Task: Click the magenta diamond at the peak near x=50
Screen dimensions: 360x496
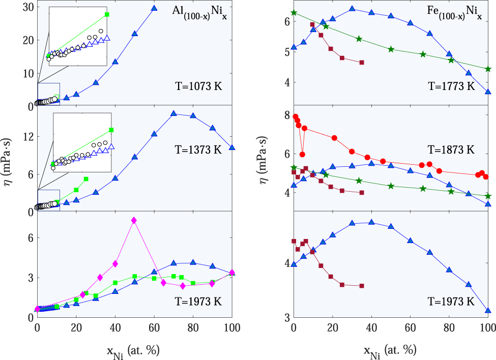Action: click(134, 220)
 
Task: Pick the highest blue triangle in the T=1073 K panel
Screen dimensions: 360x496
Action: click(154, 8)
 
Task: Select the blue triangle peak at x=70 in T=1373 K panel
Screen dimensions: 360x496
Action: click(173, 113)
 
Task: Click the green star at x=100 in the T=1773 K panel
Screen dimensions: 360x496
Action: click(488, 69)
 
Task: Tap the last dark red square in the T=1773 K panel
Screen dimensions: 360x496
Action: click(361, 63)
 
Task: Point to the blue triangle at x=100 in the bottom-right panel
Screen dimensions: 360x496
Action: click(488, 311)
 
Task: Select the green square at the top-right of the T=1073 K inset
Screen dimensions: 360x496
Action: click(107, 14)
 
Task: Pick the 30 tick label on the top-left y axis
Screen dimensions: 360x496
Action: click(27, 7)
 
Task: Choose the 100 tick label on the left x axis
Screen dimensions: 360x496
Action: click(232, 327)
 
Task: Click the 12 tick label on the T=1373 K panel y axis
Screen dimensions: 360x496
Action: click(27, 137)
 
